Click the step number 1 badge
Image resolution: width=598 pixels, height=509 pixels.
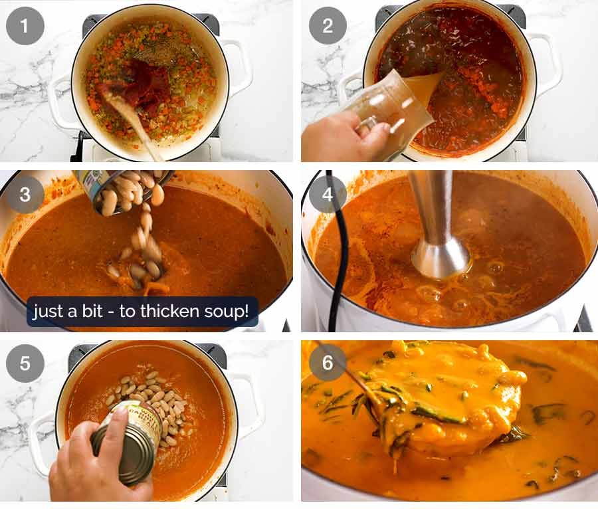[x=25, y=26]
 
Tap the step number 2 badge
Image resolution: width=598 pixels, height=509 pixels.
[x=327, y=26]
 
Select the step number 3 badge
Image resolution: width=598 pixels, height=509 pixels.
[x=25, y=195]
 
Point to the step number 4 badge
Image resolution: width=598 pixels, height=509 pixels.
[x=327, y=195]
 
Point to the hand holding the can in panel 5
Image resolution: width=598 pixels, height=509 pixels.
[x=93, y=465]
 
